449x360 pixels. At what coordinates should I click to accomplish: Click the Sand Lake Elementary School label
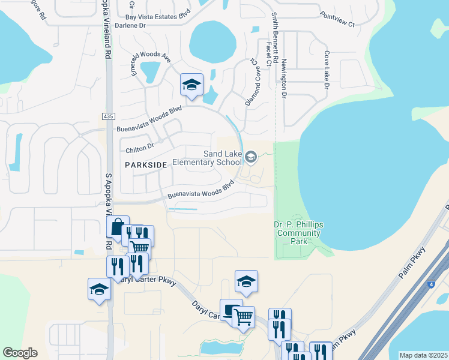point(208,158)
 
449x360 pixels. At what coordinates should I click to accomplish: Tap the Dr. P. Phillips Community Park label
point(298,233)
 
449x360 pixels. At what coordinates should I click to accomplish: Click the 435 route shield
point(108,116)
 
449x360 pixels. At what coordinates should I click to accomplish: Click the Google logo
point(20,353)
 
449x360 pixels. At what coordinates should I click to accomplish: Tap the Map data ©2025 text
point(423,355)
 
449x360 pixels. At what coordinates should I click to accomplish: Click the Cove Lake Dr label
point(327,70)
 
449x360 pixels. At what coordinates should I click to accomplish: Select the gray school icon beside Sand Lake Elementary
point(252,158)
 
